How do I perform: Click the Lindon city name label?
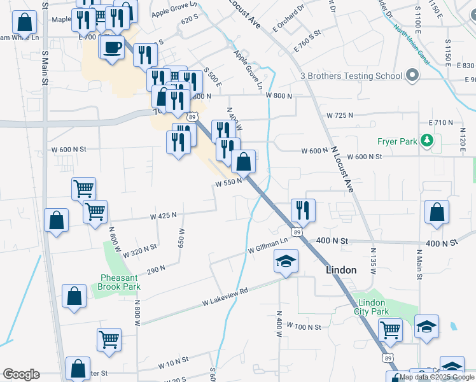[340, 270]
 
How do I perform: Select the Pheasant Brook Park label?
[120, 282]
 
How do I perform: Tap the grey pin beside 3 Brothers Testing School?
[412, 76]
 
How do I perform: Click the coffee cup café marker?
[112, 47]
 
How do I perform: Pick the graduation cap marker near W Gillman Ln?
[286, 261]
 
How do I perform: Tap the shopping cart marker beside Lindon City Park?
[390, 330]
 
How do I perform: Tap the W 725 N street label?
[339, 115]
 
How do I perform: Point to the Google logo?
[21, 374]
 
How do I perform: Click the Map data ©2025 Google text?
[437, 377]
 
